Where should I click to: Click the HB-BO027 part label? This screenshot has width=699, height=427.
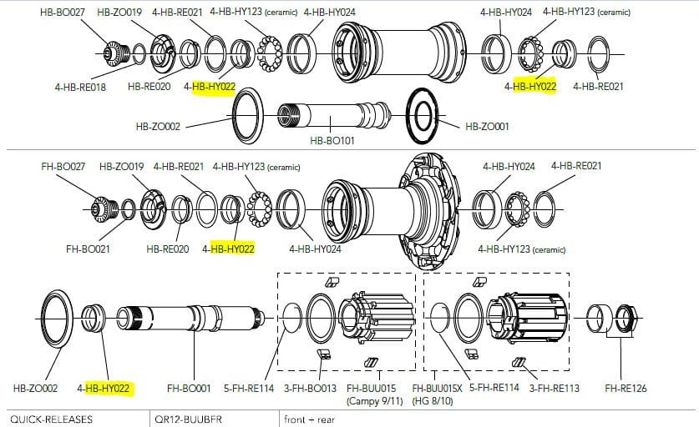(x=62, y=13)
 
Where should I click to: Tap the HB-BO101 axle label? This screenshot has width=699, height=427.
(x=332, y=141)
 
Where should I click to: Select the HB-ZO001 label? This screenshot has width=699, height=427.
(x=487, y=127)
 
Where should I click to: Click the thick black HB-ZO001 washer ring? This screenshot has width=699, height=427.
(x=423, y=116)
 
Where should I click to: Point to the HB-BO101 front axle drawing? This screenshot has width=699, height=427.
(x=333, y=115)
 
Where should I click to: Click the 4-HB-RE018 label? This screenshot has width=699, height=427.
(x=80, y=88)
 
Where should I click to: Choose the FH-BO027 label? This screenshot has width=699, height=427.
(x=63, y=167)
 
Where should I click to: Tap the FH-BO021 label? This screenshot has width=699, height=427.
(x=88, y=249)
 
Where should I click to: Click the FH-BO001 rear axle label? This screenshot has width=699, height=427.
(x=189, y=389)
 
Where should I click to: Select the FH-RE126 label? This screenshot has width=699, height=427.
(x=626, y=389)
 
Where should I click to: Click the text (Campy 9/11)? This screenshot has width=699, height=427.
(x=374, y=401)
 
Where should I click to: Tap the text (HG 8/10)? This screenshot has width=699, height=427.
(x=433, y=401)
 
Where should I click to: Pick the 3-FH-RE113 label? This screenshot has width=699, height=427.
(x=555, y=389)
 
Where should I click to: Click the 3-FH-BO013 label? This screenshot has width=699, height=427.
(x=310, y=389)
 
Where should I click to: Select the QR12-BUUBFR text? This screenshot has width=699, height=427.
(x=188, y=419)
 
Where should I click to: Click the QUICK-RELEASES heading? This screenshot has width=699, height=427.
(x=51, y=419)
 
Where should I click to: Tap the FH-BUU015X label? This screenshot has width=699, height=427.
(x=437, y=389)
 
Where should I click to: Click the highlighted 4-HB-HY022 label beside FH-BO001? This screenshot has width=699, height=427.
(x=103, y=389)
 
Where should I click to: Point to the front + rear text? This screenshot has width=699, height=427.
(x=309, y=419)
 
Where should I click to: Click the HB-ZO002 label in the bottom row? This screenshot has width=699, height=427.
(x=35, y=389)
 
